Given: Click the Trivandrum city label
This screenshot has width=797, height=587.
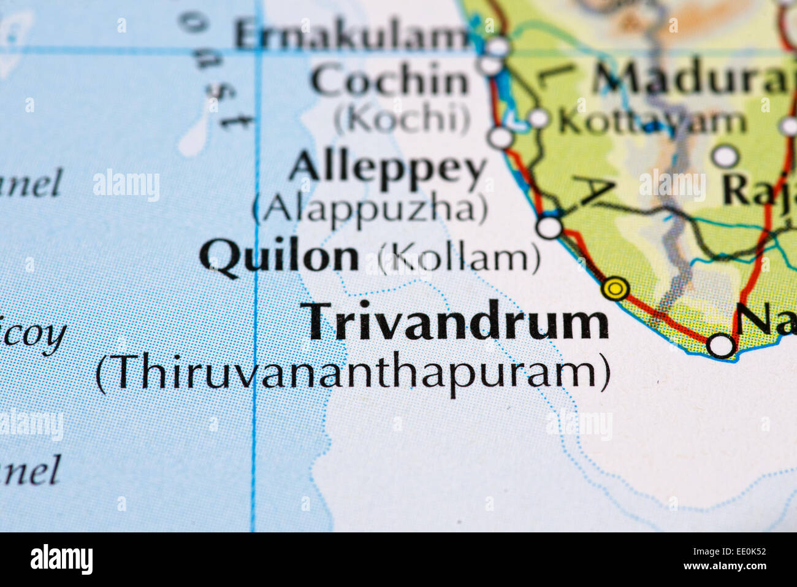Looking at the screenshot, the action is point(457,323).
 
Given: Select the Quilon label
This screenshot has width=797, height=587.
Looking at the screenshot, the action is point(279,256).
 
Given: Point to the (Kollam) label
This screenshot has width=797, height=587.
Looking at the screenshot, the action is point(459,258).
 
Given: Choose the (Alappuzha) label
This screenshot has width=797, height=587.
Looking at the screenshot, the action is point(371,209).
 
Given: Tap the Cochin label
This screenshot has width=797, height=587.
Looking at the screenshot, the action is point(389,81).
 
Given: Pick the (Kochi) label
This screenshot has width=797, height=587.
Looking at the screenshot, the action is point(402,120).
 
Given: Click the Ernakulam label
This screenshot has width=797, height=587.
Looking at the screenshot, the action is point(352,36).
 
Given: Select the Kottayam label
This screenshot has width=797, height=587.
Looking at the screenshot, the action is point(652,122).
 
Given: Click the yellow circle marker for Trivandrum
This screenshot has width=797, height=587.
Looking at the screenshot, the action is point(616,288).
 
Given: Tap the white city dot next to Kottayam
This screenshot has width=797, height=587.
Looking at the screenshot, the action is point(538,118).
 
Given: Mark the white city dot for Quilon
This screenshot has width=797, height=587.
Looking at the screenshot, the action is point(550,227).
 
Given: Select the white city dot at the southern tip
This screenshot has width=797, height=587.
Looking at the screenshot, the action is point(720,345).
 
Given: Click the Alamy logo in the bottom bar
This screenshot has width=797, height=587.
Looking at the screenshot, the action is point(61,559).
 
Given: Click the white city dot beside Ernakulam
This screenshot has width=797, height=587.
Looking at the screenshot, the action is point(499,45).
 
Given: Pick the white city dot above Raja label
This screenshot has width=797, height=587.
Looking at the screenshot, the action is point(725,156).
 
